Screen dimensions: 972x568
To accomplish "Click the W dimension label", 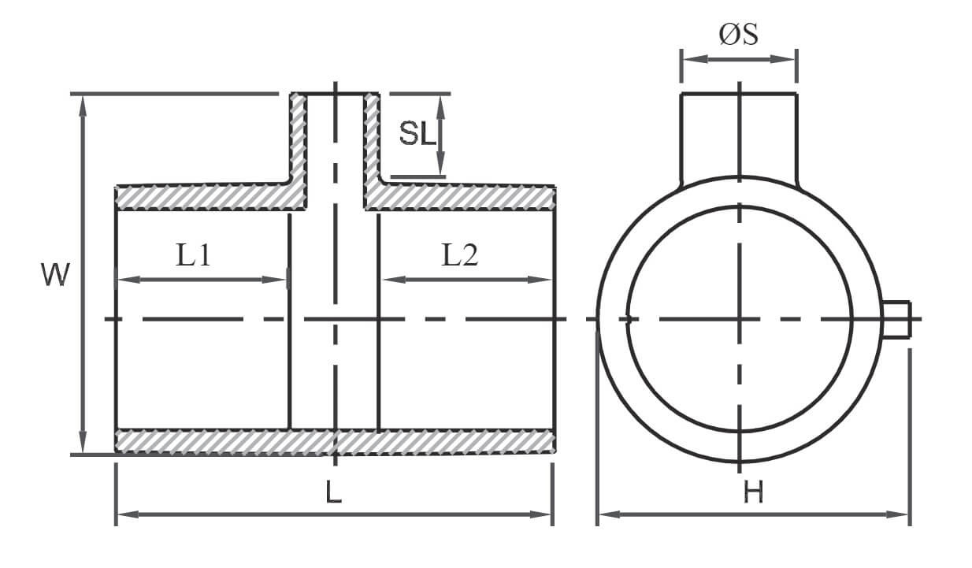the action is pyautogui.click(x=55, y=274).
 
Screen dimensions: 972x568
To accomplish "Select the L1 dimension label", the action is pyautogui.click(x=194, y=255).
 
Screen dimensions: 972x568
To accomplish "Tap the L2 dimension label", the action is pyautogui.click(x=460, y=255).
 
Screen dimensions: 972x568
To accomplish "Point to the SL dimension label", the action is pyautogui.click(x=417, y=133).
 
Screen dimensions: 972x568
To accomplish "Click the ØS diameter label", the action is pyautogui.click(x=739, y=34).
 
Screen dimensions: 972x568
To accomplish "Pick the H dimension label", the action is pyautogui.click(x=753, y=492).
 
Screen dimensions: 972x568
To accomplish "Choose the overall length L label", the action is pyautogui.click(x=333, y=492).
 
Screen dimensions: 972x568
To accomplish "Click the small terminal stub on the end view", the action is pyautogui.click(x=896, y=319).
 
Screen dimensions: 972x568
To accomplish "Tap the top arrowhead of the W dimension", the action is pyautogui.click(x=83, y=106).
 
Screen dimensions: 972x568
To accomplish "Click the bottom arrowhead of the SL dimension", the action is pyautogui.click(x=441, y=165).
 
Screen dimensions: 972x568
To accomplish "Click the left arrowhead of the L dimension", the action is pyautogui.click(x=128, y=514).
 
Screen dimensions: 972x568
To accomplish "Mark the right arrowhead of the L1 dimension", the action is pyautogui.click(x=273, y=280).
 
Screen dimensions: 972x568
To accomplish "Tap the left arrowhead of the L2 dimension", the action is pyautogui.click(x=394, y=280).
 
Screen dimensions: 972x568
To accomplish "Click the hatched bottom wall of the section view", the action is pyautogui.click(x=335, y=442).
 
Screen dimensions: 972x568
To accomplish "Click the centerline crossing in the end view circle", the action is pyautogui.click(x=740, y=319).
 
